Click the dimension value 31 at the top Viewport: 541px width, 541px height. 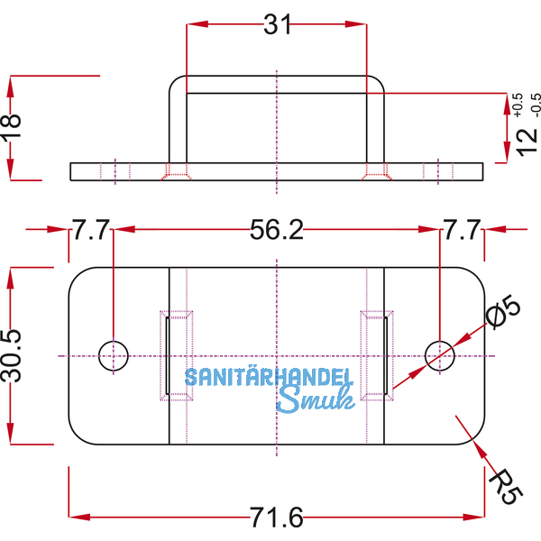click(x=278, y=25)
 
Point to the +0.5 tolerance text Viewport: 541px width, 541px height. click(x=517, y=105)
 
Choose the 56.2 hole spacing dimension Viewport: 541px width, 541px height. click(x=276, y=232)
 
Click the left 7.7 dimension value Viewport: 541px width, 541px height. click(x=91, y=232)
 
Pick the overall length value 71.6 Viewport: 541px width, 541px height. click(x=277, y=518)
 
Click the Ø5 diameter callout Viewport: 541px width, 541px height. click(x=502, y=316)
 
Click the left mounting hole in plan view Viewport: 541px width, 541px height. click(x=114, y=355)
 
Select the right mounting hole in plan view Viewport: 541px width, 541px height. click(x=439, y=355)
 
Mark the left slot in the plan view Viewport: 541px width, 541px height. click(x=168, y=355)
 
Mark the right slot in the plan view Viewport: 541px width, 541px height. click(x=384, y=355)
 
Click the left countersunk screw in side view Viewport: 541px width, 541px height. click(x=175, y=170)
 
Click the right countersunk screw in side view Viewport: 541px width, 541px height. click(x=374, y=170)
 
